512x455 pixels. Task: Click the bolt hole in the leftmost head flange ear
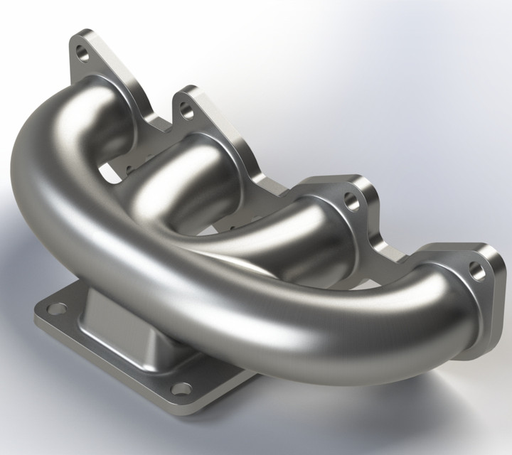click(x=84, y=53)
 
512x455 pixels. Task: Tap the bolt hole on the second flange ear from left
click(x=186, y=110)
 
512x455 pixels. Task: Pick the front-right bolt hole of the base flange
click(x=182, y=388)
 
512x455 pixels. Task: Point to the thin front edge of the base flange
click(x=107, y=363)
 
